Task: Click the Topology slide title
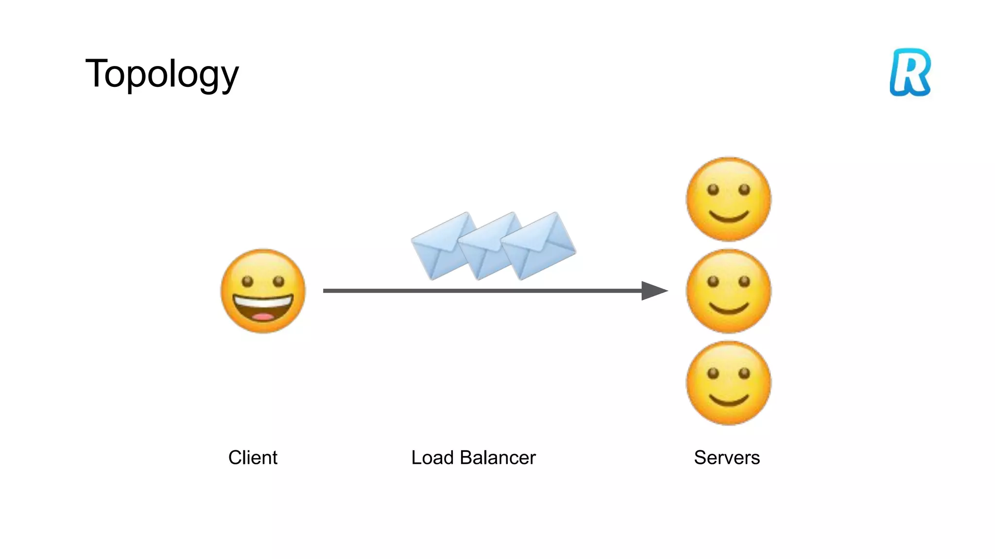pyautogui.click(x=162, y=74)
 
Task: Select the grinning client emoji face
pyautogui.click(x=263, y=291)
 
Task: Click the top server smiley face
pyautogui.click(x=728, y=199)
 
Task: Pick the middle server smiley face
pyautogui.click(x=728, y=291)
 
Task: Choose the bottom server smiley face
pyautogui.click(x=728, y=383)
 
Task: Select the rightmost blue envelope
pyautogui.click(x=539, y=245)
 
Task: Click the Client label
pyautogui.click(x=253, y=458)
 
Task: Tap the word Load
pyautogui.click(x=432, y=458)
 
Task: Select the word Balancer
pyautogui.click(x=497, y=458)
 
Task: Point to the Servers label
pyautogui.click(x=727, y=458)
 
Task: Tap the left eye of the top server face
pyautogui.click(x=713, y=190)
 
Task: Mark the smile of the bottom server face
pyautogui.click(x=729, y=401)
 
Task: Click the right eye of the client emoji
pyautogui.click(x=278, y=281)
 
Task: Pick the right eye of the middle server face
pyautogui.click(x=744, y=281)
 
